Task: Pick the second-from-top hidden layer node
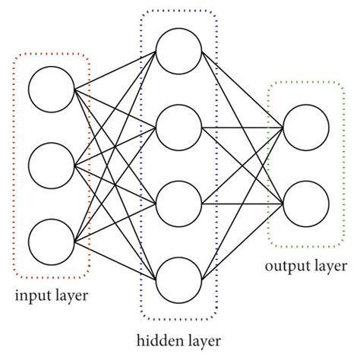pos(178,125)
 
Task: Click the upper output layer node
pos(303,125)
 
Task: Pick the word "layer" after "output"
pos(328,267)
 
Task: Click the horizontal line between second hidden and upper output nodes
pos(241,125)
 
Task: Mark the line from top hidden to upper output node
pos(241,88)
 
